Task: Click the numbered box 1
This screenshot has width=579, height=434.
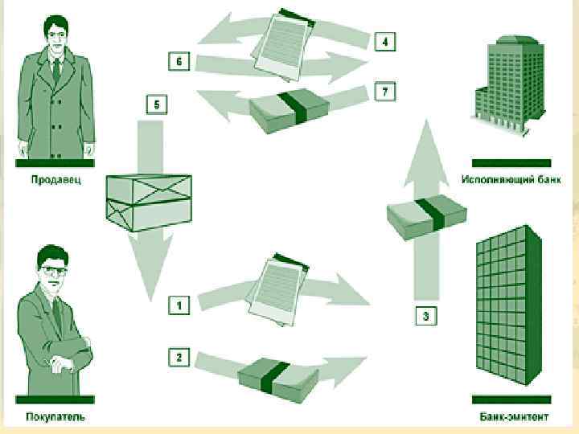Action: coord(179,305)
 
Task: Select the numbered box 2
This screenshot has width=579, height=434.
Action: coord(179,357)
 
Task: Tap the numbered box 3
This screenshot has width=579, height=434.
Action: coord(425,316)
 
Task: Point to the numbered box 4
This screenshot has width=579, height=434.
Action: coord(385,41)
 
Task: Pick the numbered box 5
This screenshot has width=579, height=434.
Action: coord(157,104)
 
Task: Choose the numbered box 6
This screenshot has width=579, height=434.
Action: coord(179,61)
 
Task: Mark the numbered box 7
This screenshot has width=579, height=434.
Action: coord(385,91)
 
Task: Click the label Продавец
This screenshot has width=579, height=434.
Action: coord(55,180)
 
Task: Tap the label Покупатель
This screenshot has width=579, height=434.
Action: coord(55,416)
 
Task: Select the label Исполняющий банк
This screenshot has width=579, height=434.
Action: coord(511,180)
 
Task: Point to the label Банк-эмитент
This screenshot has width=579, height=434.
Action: coord(514,416)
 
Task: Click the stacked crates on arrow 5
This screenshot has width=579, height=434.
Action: coord(149,203)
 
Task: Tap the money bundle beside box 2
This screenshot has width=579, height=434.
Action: coord(277,379)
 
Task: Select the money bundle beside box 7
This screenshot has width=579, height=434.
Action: coord(289,111)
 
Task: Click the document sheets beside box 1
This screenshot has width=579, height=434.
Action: coord(277,289)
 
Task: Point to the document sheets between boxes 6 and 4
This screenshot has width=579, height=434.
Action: coord(283,45)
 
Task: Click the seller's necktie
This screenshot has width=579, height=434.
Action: coord(56,71)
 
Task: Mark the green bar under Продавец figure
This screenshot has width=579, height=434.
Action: coord(55,163)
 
